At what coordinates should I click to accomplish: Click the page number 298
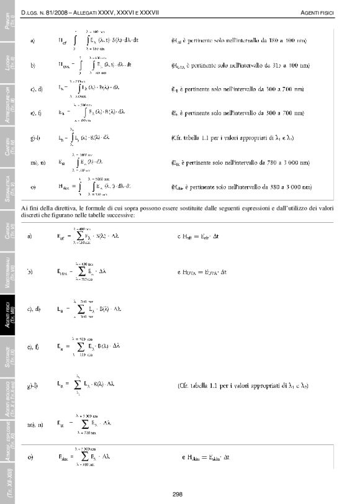point(178,493)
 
